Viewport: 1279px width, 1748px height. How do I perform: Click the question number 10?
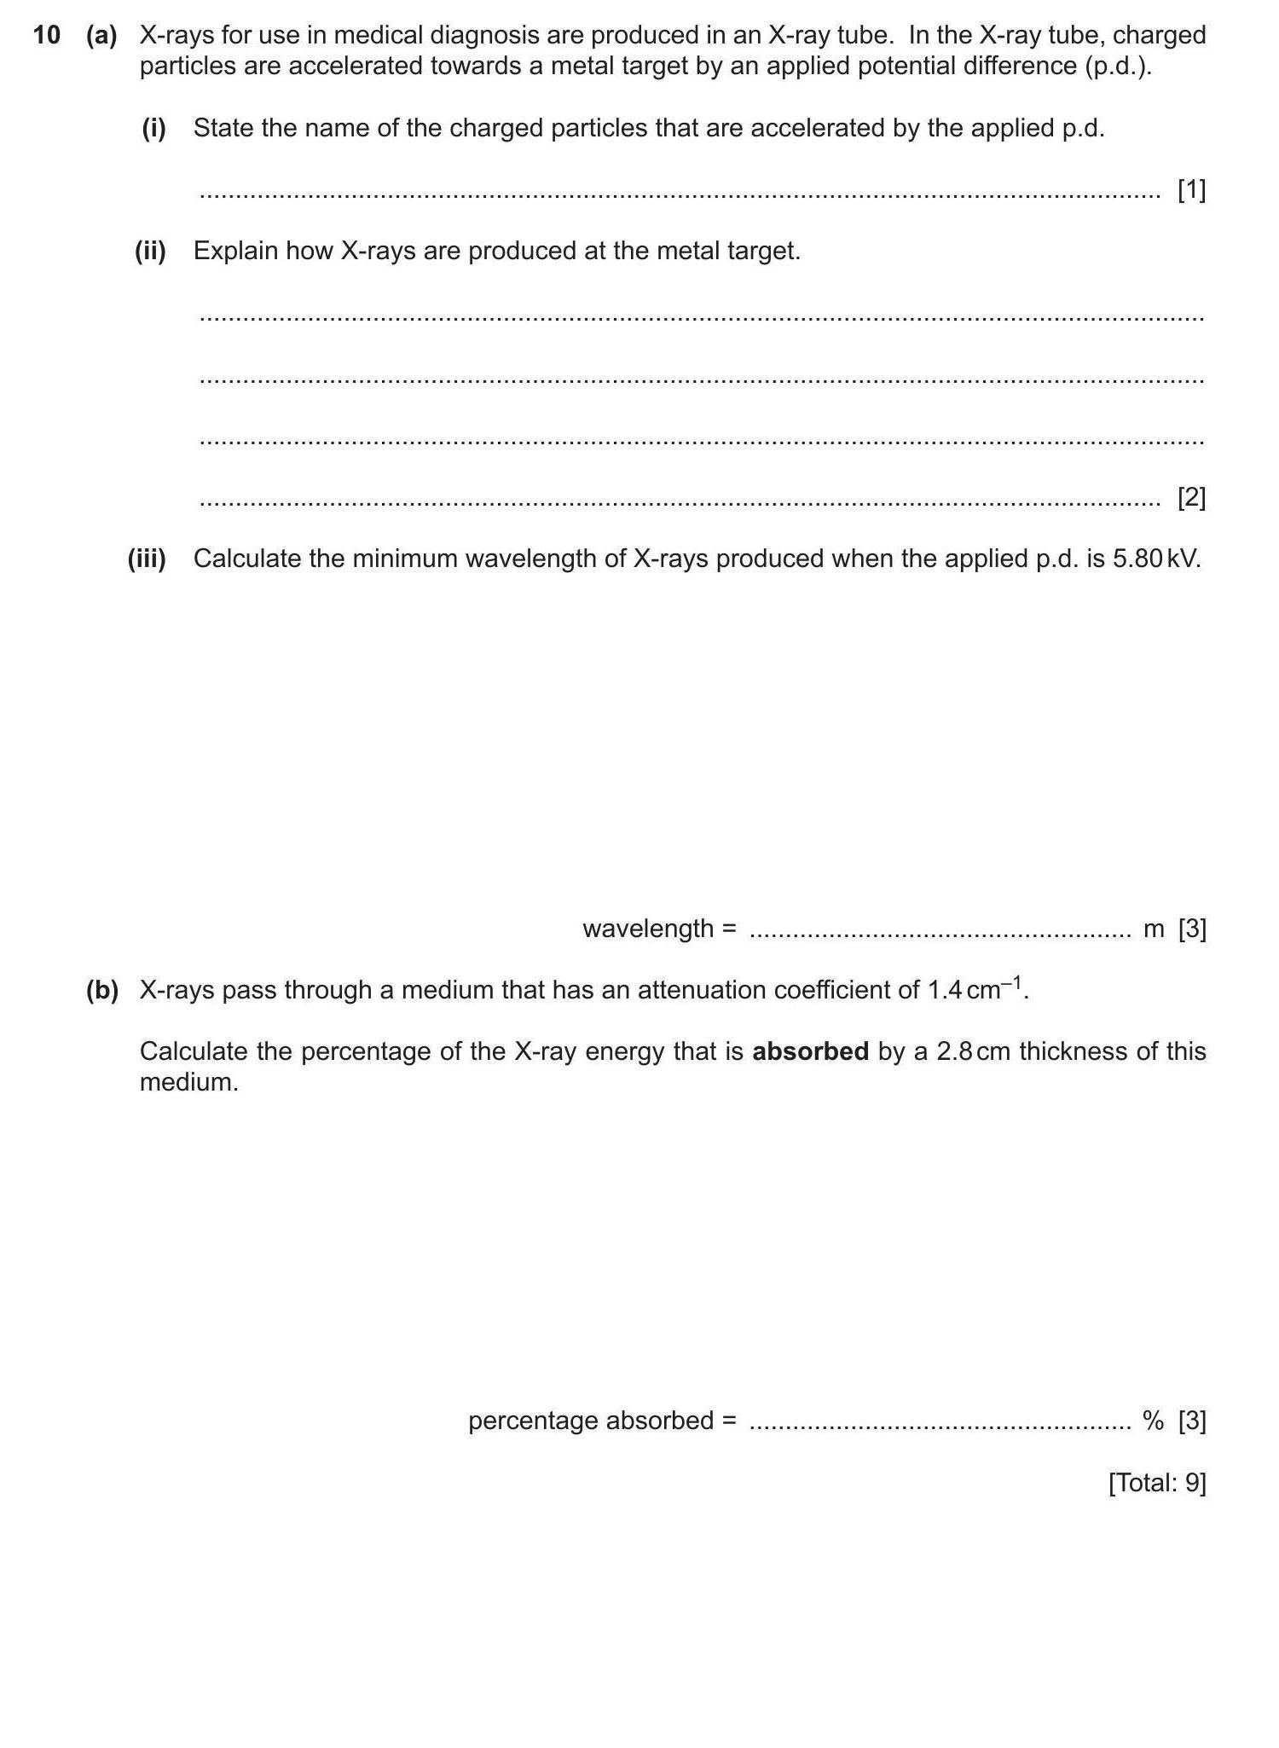click(46, 35)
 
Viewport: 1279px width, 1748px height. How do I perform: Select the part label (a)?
click(101, 35)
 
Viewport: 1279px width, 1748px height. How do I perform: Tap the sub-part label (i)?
click(153, 128)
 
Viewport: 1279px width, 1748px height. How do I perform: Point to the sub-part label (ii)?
click(150, 251)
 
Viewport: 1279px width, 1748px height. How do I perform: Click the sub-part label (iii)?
click(147, 559)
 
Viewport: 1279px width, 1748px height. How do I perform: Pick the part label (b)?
click(101, 990)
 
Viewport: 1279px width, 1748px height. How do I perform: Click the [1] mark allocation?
click(1191, 190)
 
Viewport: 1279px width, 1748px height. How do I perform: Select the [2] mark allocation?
click(1191, 497)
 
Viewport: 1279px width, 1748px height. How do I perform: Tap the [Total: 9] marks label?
click(1157, 1483)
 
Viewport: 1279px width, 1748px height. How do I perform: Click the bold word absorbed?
click(810, 1051)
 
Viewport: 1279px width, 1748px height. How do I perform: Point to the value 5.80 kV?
click(1156, 559)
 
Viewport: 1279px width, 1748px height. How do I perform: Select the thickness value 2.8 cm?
click(973, 1051)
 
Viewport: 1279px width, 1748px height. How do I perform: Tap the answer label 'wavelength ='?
click(659, 929)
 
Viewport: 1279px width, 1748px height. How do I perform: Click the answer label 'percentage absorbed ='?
click(602, 1421)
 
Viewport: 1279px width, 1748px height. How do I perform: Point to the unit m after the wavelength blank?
click(1153, 929)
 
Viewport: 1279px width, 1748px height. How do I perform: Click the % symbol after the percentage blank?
click(1153, 1421)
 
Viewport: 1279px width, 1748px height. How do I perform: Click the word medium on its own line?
click(188, 1082)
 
